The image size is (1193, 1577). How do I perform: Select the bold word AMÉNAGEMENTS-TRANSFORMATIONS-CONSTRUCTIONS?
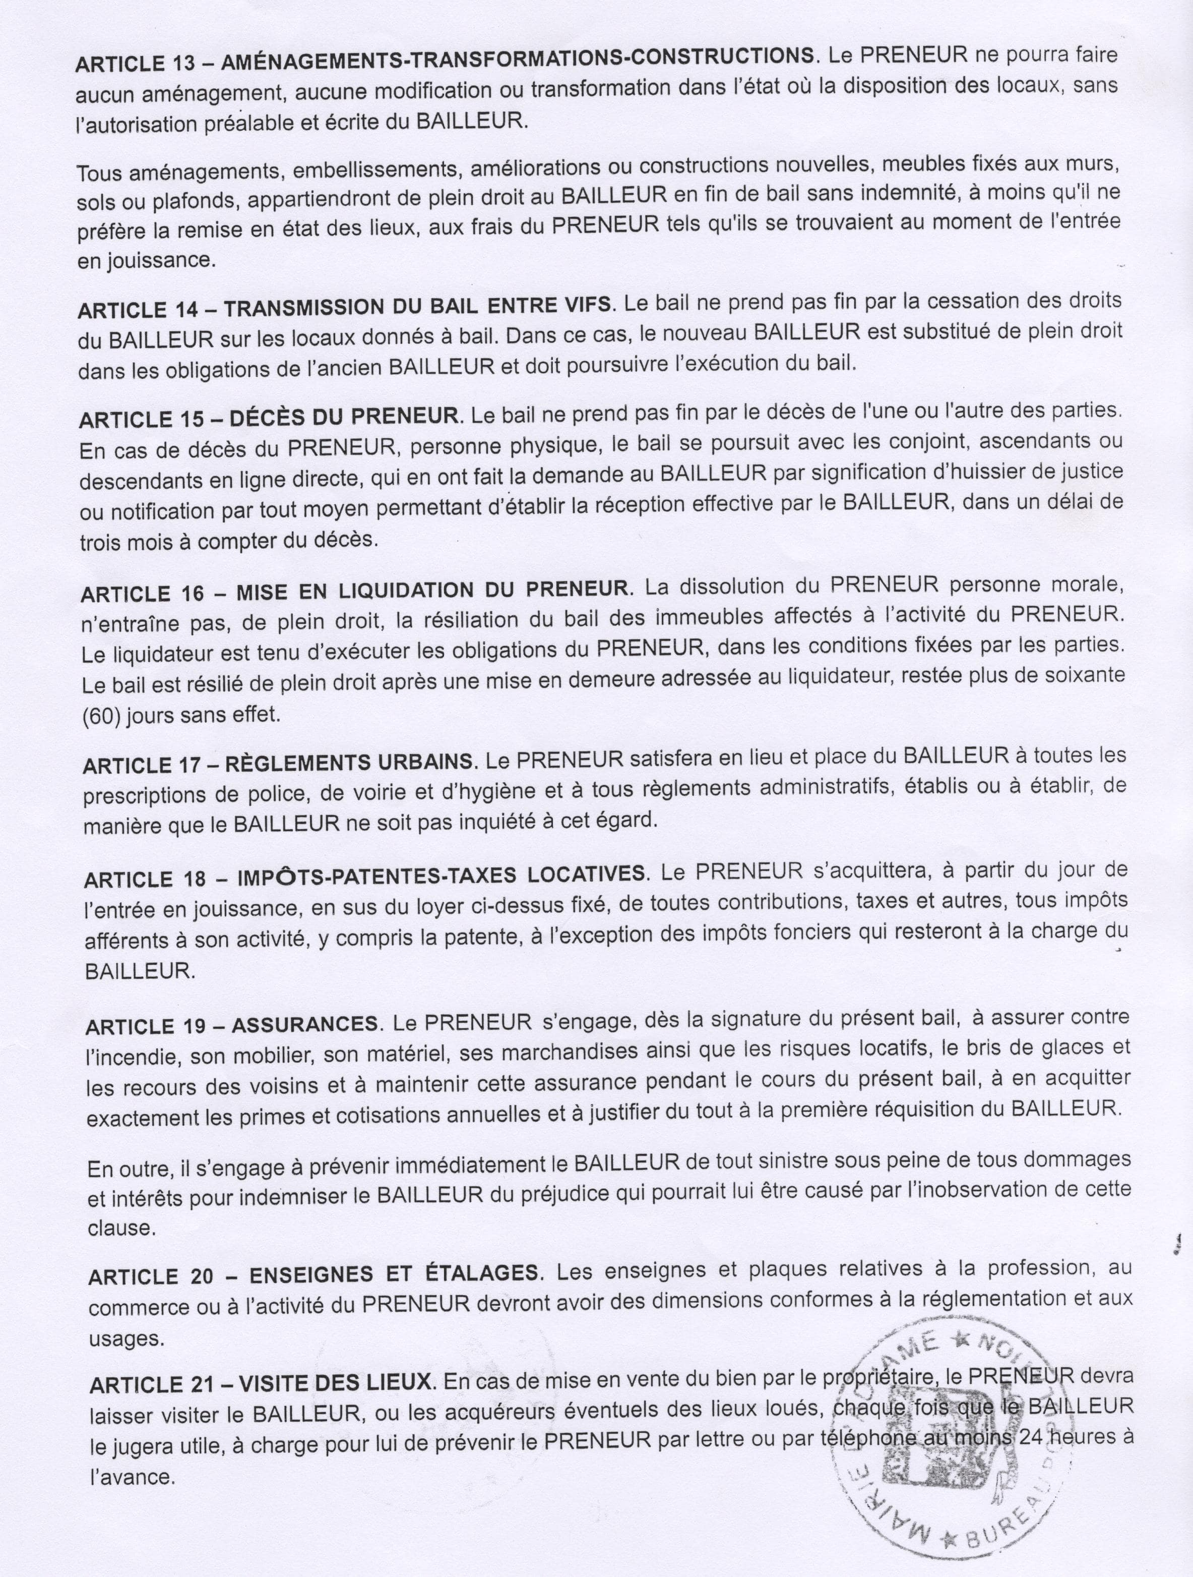(x=517, y=59)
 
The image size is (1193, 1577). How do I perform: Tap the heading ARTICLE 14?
(x=133, y=310)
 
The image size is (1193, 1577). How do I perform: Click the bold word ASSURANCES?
(x=304, y=1024)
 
